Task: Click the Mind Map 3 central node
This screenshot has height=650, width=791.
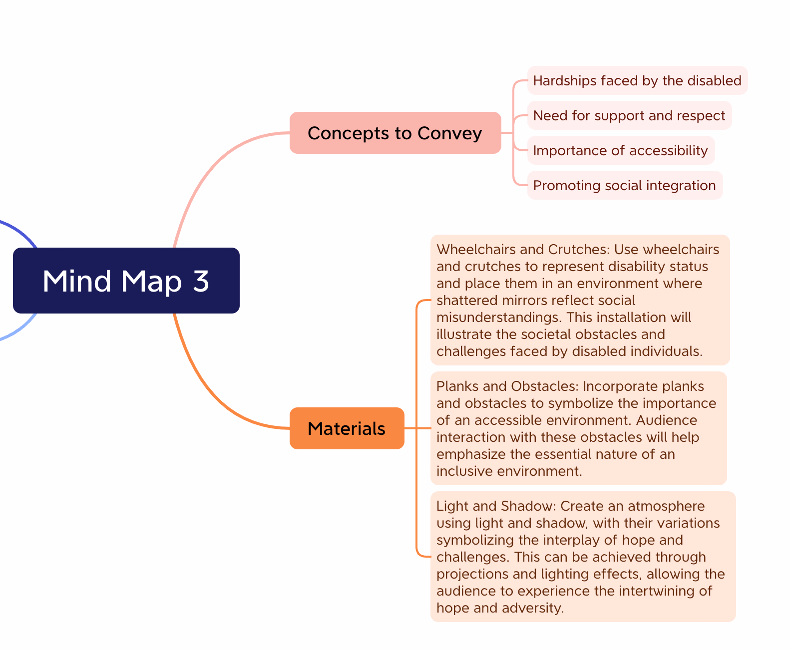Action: [x=126, y=281]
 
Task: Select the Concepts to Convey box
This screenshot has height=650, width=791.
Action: [x=395, y=133]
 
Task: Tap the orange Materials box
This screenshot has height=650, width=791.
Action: [x=347, y=428]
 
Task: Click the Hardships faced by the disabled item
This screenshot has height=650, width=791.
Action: [x=637, y=80]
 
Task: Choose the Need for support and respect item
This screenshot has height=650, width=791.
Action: [x=629, y=115]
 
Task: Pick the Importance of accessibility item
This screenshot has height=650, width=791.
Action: [x=621, y=150]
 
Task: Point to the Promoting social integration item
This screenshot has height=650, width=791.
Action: [x=624, y=185]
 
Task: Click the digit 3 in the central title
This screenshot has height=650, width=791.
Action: [x=201, y=281]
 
